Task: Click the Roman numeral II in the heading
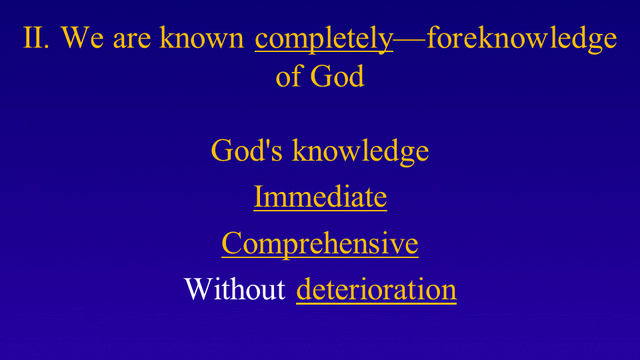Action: (x=36, y=37)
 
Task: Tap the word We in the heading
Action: (x=83, y=37)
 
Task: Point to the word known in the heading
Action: (x=201, y=37)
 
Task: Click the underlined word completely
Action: (x=324, y=39)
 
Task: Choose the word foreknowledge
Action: (x=521, y=39)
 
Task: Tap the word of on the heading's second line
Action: (x=289, y=75)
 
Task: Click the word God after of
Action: (x=337, y=76)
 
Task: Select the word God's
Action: (x=247, y=150)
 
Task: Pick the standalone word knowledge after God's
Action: (x=361, y=152)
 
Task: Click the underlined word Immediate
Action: (x=321, y=197)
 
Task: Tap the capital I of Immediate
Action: (x=259, y=197)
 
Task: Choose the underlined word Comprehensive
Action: (x=320, y=243)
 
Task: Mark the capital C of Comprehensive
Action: (x=231, y=243)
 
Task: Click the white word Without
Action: (x=235, y=289)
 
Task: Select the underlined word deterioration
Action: (x=376, y=289)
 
